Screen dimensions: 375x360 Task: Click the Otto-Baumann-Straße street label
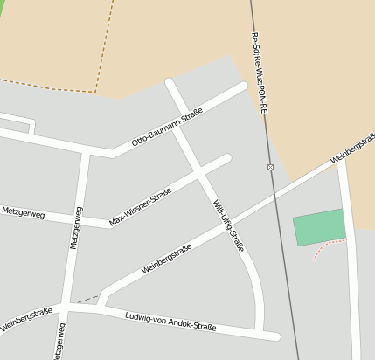point(167,127)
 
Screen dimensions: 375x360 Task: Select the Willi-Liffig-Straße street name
point(228,225)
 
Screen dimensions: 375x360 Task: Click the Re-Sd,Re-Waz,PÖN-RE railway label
point(260,74)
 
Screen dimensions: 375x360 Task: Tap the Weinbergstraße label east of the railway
point(352,149)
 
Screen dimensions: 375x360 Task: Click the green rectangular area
point(319,227)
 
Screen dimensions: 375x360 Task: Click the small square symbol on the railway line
point(270,167)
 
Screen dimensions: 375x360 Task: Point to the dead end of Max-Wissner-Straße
point(227,159)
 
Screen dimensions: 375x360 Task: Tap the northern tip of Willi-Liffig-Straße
point(170,83)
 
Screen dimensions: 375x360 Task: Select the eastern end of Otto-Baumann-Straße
point(243,87)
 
